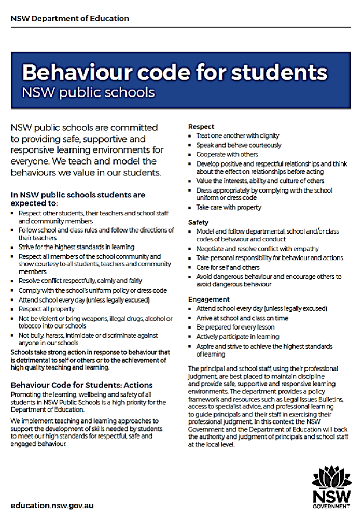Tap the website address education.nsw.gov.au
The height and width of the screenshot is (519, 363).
coord(52,505)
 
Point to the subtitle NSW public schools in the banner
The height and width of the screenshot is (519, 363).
coord(88,92)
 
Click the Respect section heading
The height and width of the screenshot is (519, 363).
coord(201,126)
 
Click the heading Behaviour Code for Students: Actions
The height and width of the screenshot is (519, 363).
coord(81,385)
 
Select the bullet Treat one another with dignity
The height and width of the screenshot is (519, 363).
coord(238,135)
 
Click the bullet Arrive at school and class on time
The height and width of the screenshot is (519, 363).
coord(242,318)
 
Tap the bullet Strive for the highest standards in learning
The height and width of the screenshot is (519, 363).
coord(76,247)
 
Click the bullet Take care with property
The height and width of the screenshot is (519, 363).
coord(228,207)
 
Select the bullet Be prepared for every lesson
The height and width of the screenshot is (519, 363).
coord(235,327)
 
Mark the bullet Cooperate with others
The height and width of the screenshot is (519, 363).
coord(227,154)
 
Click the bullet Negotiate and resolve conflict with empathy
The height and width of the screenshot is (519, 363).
coord(257,249)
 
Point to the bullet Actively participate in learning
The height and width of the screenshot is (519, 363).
coord(237,336)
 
